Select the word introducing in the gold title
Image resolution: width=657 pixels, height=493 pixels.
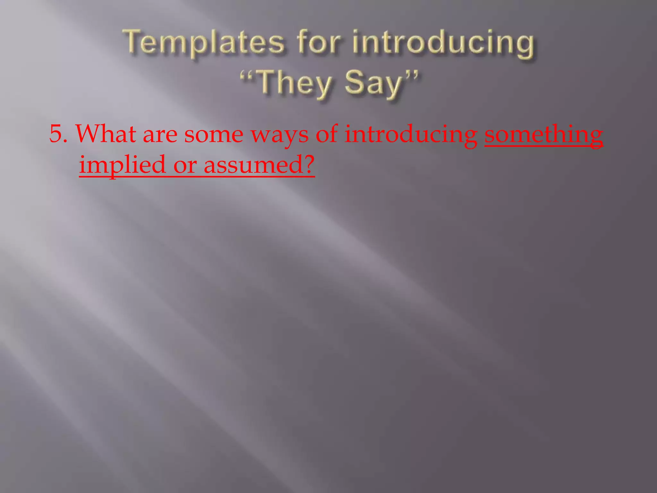click(x=443, y=44)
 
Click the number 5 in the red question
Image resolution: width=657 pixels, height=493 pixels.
click(x=55, y=134)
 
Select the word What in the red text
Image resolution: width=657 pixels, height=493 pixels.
click(x=106, y=134)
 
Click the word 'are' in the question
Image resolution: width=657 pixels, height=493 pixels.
click(x=160, y=135)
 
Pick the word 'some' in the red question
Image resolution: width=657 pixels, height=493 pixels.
click(x=214, y=135)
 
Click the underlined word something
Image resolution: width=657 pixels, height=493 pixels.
click(x=543, y=135)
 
